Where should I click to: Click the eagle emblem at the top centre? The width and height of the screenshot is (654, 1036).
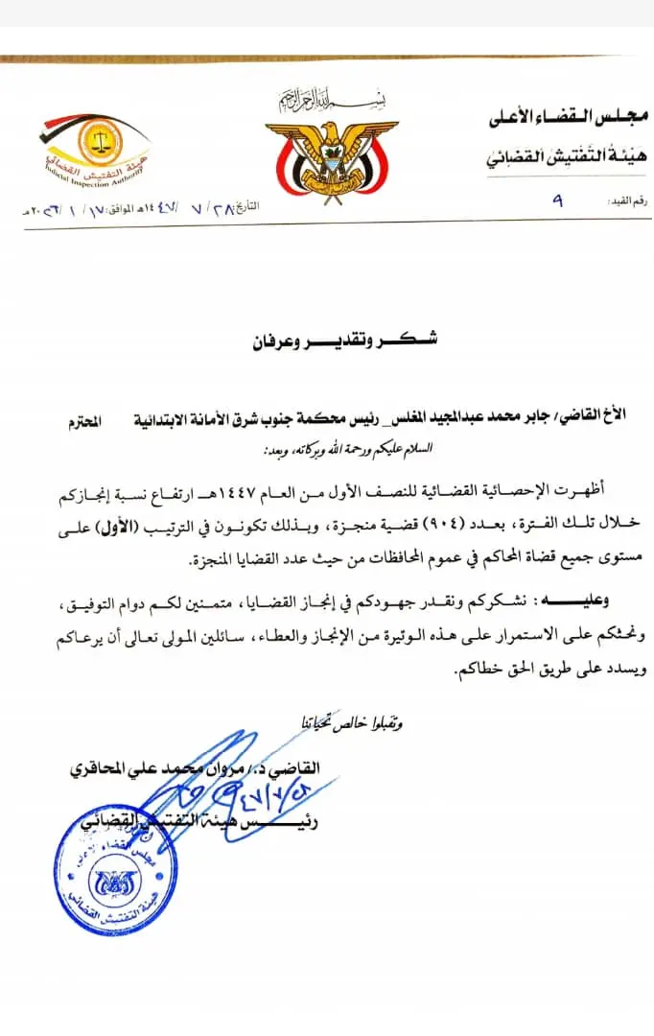(x=330, y=150)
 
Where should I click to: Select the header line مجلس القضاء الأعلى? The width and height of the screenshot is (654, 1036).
(x=565, y=119)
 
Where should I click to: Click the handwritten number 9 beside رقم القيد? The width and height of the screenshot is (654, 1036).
(x=557, y=202)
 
